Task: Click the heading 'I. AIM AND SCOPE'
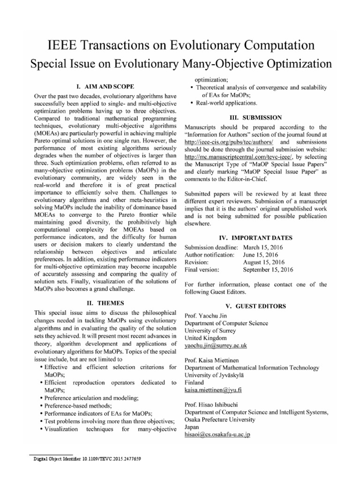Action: click(x=105, y=86)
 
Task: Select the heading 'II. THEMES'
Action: click(x=105, y=303)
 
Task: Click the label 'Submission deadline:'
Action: click(x=211, y=247)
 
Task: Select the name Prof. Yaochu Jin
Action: click(x=205, y=315)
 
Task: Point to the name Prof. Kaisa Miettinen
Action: click(x=211, y=360)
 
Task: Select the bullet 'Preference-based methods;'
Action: click(x=78, y=405)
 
